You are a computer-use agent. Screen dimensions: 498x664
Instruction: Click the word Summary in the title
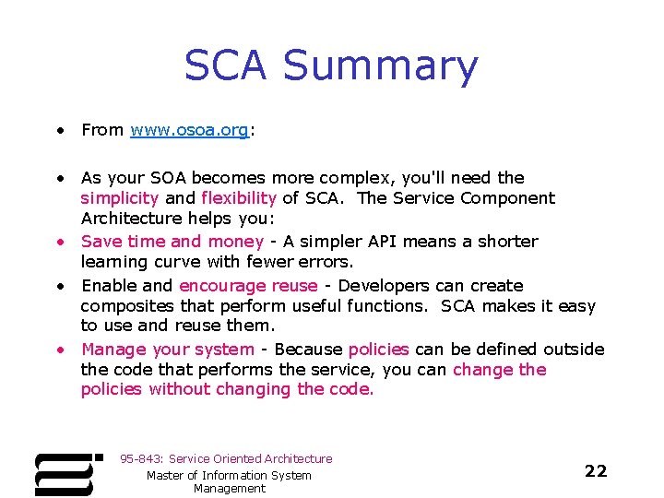tap(380, 67)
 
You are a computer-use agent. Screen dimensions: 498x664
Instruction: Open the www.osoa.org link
tap(189, 130)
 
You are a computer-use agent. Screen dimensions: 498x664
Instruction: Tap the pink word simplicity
tap(119, 198)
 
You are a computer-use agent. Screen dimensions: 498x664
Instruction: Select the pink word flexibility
tap(238, 198)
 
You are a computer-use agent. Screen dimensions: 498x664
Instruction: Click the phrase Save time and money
tap(172, 242)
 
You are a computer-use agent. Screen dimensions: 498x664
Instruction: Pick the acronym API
tap(384, 242)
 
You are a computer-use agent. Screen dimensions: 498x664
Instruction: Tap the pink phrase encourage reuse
tap(248, 286)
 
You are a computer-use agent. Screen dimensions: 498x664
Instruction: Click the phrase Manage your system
tap(167, 350)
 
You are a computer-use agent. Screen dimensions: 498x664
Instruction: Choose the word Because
tap(309, 350)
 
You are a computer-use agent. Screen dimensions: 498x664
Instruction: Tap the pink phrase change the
tap(500, 370)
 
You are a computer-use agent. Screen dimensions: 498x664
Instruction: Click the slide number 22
tap(596, 471)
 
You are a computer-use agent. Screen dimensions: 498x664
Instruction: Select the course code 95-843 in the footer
tap(140, 459)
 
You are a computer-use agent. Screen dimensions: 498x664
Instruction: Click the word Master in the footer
tap(167, 476)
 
